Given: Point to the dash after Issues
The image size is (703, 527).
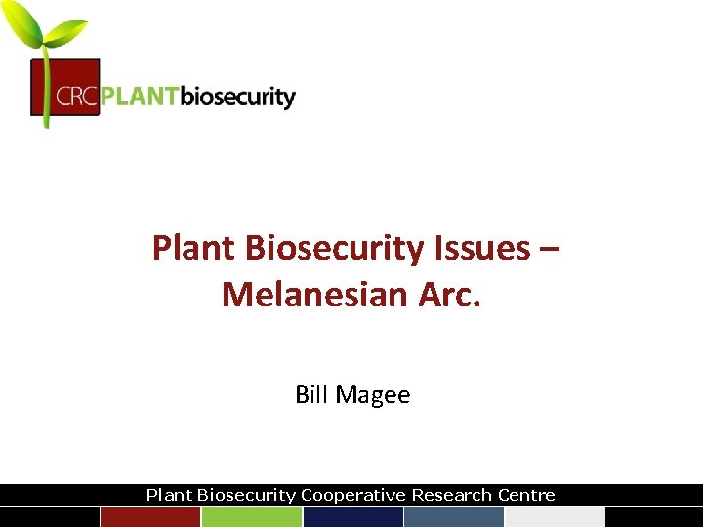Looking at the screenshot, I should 549,249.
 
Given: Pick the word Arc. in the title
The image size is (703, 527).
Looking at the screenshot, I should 445,293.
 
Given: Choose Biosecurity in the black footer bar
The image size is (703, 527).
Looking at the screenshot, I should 247,495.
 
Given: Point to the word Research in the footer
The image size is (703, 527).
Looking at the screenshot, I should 450,495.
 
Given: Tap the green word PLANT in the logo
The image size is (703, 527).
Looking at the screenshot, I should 141,98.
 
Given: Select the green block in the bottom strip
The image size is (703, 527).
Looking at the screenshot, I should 251,517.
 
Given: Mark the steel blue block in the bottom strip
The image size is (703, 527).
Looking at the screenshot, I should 453,517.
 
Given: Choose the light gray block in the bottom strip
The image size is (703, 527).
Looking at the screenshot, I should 555,517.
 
